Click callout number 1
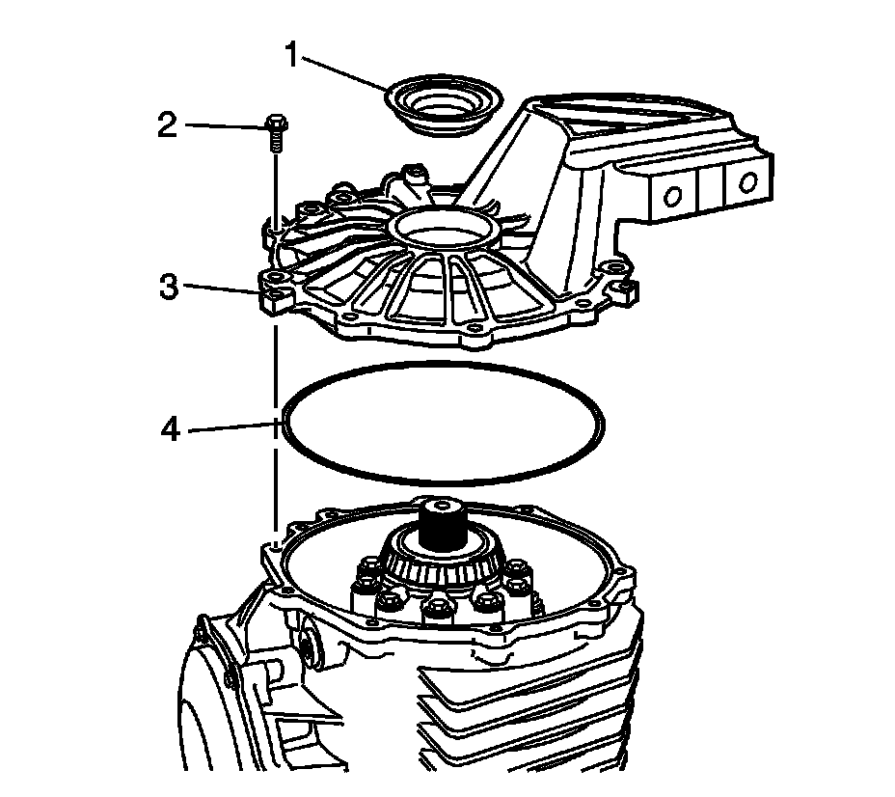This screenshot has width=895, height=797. click(291, 55)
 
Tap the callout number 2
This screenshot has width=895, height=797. click(167, 124)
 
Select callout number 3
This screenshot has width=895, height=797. click(167, 287)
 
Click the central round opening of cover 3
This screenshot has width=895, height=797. click(445, 230)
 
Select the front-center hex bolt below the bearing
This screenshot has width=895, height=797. click(439, 609)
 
